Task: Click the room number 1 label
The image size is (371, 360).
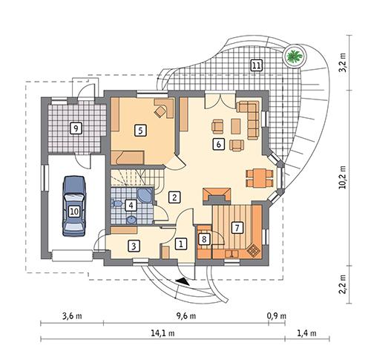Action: click(180, 242)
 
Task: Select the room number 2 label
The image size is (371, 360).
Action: click(174, 197)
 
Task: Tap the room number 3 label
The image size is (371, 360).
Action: click(134, 245)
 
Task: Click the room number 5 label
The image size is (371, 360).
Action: click(139, 129)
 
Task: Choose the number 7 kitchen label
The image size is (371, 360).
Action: click(237, 227)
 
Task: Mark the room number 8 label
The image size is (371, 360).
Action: click(205, 238)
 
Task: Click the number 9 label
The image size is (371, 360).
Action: click(75, 128)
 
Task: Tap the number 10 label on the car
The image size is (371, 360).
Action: click(74, 211)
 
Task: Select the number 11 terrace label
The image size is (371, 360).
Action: click(256, 64)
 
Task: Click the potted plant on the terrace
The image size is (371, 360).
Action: click(295, 55)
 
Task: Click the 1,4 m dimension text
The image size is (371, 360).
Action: click(306, 333)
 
